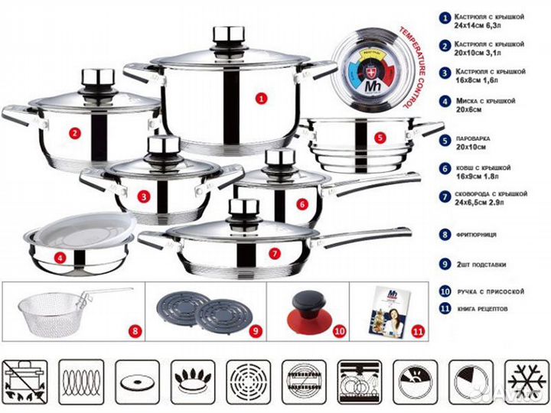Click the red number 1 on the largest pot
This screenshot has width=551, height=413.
tap(260, 98)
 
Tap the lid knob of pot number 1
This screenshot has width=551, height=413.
tap(227, 36)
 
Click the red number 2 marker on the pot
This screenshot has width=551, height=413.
tap(74, 133)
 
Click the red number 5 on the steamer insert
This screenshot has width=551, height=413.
tap(380, 138)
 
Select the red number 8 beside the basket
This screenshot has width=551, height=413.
tap(135, 331)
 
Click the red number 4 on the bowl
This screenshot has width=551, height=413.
tap(60, 258)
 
